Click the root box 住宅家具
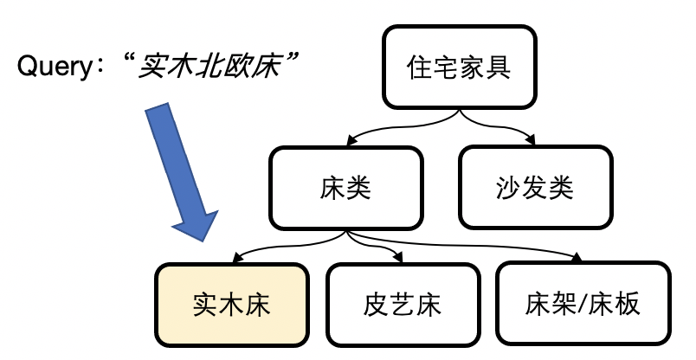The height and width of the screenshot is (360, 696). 459,68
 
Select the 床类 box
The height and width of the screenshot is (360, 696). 346,187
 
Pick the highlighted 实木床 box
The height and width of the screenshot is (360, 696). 231,304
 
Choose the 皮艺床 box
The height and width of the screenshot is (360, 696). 403,304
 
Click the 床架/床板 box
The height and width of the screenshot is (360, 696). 583,304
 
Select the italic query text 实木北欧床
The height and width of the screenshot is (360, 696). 212,67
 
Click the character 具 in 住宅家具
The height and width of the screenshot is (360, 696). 498,68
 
